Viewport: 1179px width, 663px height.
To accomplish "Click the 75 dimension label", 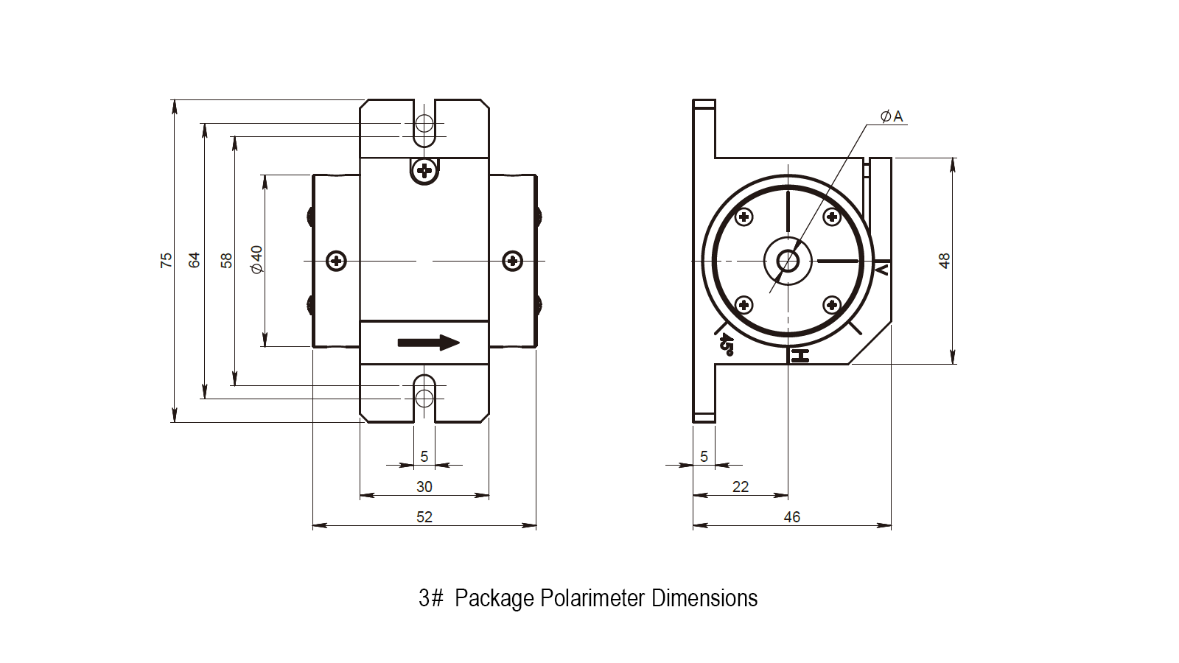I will point(167,260).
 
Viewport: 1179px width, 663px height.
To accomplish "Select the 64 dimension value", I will point(195,260).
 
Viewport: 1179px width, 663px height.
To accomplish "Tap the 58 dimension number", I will point(226,260).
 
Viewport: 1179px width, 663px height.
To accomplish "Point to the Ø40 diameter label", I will point(256,260).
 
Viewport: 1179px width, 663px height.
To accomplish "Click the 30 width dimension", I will point(424,487).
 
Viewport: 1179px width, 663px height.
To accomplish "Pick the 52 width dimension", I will point(424,517).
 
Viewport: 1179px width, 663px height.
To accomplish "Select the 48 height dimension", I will point(945,261).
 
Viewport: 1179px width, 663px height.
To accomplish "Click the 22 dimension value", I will point(741,487).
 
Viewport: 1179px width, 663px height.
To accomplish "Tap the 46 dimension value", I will point(792,517).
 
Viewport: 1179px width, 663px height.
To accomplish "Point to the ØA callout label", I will point(892,116).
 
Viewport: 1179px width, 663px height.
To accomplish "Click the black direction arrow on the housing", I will point(428,343).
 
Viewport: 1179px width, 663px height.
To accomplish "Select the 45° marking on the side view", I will point(727,343).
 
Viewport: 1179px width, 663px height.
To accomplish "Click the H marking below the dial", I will point(800,357).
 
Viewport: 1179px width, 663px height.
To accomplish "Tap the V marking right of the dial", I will point(881,270).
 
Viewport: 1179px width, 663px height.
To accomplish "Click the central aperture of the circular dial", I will point(788,261).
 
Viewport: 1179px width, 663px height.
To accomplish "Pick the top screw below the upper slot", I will point(424,171).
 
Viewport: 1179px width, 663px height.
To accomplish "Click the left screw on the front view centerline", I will point(337,261).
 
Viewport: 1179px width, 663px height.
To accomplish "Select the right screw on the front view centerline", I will point(513,261).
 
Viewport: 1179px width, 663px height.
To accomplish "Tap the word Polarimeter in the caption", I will point(592,598).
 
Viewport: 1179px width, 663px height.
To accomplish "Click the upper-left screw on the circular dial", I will point(744,217).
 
